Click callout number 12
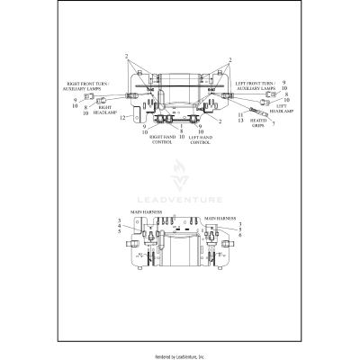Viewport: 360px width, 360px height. point(122,116)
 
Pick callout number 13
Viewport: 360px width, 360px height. point(241,121)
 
